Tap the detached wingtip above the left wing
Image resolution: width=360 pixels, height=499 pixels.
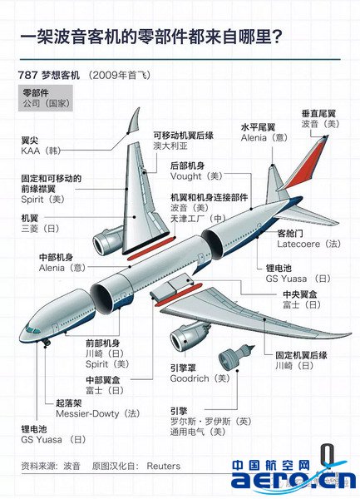click(134, 121)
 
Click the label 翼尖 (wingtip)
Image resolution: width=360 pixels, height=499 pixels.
click(30, 141)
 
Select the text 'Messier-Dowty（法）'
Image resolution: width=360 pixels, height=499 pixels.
click(98, 413)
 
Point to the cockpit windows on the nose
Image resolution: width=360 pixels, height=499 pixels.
click(32, 329)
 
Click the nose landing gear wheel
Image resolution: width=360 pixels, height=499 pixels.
click(47, 343)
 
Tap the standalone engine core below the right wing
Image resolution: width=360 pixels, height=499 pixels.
click(236, 356)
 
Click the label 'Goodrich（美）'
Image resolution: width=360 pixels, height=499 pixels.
click(200, 378)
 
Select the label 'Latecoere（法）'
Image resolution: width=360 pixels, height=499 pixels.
click(308, 244)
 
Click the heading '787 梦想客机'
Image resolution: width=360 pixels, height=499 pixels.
click(49, 75)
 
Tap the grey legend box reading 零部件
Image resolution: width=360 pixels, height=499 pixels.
click(46, 98)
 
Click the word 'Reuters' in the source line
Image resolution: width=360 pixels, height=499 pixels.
click(164, 467)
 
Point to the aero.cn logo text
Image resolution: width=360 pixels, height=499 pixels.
click(293, 480)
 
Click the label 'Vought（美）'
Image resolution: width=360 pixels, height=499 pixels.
click(196, 176)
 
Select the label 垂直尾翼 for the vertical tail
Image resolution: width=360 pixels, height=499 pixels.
click(318, 114)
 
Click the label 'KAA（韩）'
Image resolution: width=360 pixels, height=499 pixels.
click(41, 151)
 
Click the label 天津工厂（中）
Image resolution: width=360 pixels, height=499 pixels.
click(198, 218)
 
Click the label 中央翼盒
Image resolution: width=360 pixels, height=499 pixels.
click(300, 294)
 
